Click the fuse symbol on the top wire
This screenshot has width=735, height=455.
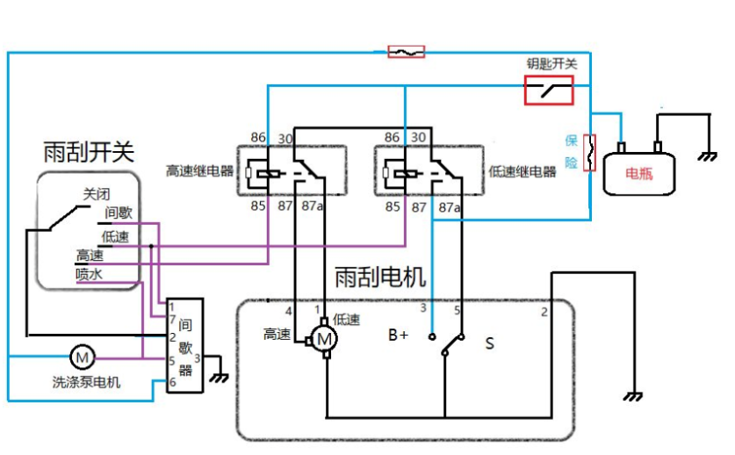pos(406,52)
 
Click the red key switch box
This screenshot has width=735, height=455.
pos(549,90)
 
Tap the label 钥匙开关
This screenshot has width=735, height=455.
pos(551,64)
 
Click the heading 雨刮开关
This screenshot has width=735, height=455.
pos(89,151)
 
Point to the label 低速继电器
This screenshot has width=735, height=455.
pos(522,171)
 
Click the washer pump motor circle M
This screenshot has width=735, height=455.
pos(82,357)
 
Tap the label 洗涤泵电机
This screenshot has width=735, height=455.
pos(86,382)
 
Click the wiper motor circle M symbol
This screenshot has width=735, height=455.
pos(324,338)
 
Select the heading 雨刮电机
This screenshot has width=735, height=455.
pos(380,278)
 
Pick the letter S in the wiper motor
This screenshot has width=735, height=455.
pos(489,343)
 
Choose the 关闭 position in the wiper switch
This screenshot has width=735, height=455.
pos(97,194)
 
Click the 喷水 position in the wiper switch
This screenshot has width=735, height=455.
pos(90,274)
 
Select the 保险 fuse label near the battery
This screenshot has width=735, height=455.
pos(572,151)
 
